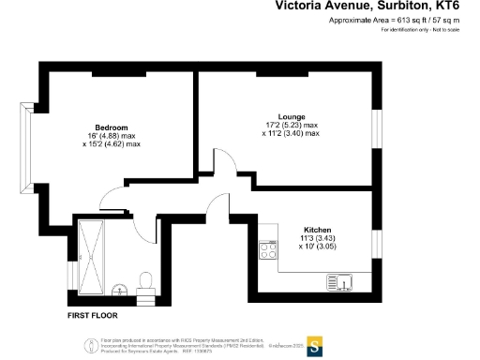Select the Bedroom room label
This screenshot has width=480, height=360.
point(111,127)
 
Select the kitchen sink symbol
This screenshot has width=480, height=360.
point(337,280)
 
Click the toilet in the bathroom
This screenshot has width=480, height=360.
point(146,280)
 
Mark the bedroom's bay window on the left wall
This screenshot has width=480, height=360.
point(27,142)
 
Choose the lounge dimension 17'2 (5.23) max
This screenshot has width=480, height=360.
point(291,125)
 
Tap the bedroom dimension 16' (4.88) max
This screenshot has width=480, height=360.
point(111,136)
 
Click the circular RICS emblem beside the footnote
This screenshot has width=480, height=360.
point(90,344)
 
